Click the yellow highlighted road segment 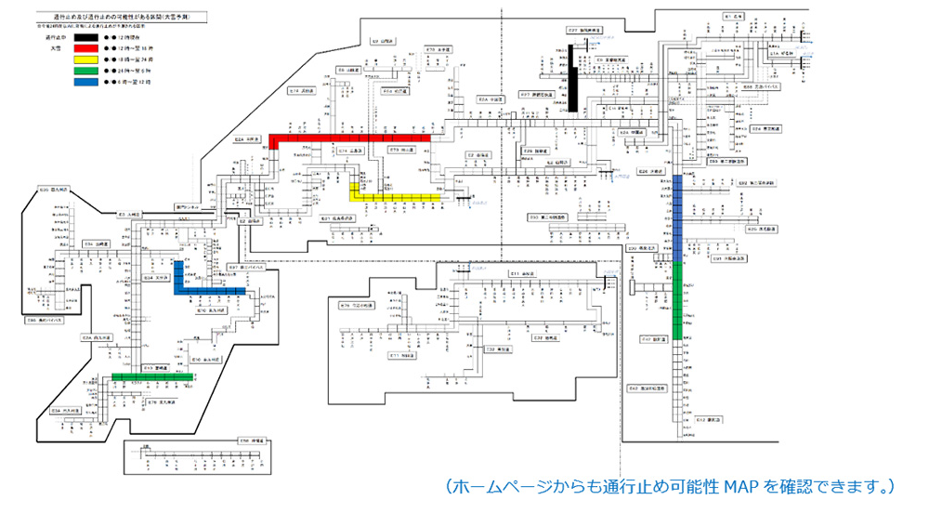point(395,197)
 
